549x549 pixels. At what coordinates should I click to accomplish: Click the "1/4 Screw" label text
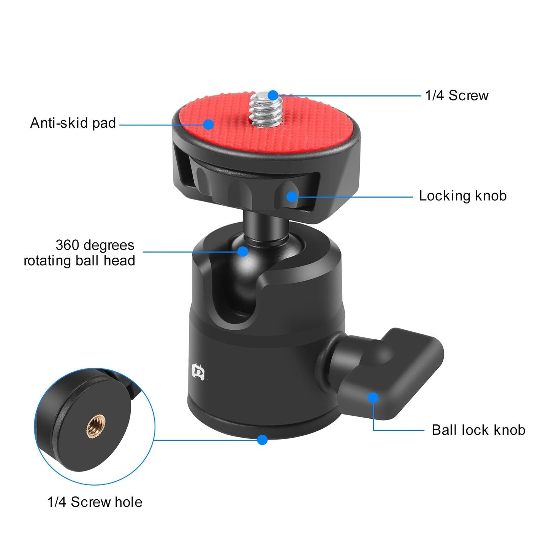(x=457, y=95)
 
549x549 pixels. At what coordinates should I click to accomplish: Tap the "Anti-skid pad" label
(x=73, y=123)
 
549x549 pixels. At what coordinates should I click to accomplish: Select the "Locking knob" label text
(x=463, y=196)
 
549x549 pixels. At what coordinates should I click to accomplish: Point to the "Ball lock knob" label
(x=478, y=430)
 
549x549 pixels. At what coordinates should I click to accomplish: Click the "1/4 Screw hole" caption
(x=95, y=502)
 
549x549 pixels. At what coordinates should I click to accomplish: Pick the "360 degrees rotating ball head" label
(x=79, y=253)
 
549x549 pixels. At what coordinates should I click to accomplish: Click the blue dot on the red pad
(x=208, y=124)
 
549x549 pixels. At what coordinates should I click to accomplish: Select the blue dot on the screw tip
(x=273, y=95)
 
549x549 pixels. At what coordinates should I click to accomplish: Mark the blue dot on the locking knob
(x=291, y=196)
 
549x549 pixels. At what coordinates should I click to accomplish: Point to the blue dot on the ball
(x=243, y=251)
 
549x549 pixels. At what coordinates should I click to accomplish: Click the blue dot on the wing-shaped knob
(x=373, y=398)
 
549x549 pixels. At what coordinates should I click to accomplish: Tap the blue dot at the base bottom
(x=262, y=440)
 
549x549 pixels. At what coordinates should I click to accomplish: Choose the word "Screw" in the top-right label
(x=468, y=95)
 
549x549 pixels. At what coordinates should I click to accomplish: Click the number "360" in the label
(x=67, y=245)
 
